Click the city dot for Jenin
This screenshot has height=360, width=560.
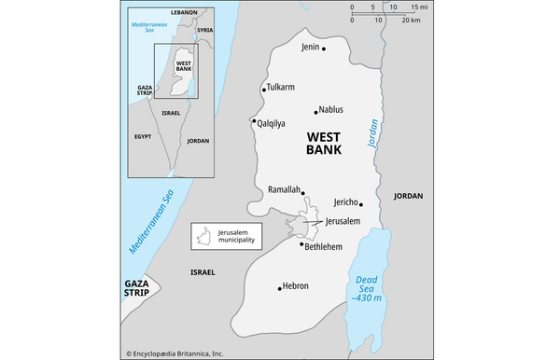coord(324,48)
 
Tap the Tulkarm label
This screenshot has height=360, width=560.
coord(280,88)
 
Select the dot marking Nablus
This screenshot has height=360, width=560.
coord(316,110)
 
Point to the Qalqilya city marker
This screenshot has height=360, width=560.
coord(254,121)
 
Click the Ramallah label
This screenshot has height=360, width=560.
coord(284,189)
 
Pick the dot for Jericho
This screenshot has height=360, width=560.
coord(360,203)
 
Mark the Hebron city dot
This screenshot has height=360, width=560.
coord(280,287)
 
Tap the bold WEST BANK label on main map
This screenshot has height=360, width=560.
coord(324,143)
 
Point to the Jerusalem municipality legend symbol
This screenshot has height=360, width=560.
coord(203,235)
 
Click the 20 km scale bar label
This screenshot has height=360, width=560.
coord(411,21)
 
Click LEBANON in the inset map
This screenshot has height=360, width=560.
coord(185,11)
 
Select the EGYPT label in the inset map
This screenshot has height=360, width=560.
coord(142,136)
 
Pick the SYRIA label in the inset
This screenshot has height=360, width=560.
coord(205,30)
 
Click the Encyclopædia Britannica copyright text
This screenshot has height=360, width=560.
coord(175,353)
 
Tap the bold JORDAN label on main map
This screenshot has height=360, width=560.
coord(408,196)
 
